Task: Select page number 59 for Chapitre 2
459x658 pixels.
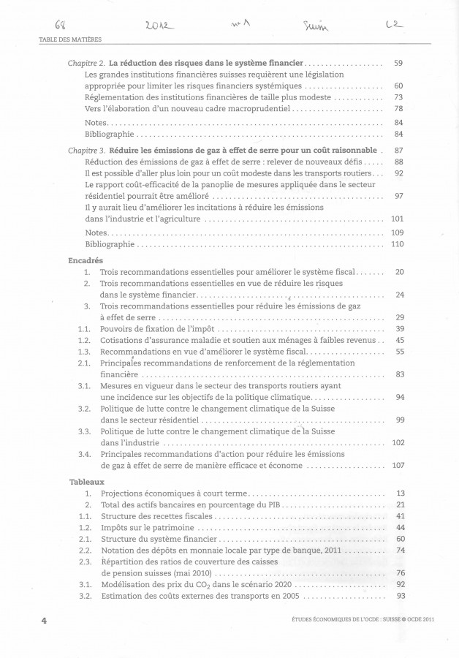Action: point(398,64)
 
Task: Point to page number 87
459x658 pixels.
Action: point(398,151)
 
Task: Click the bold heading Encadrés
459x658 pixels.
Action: point(86,260)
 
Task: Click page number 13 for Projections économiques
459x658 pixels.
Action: point(399,494)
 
